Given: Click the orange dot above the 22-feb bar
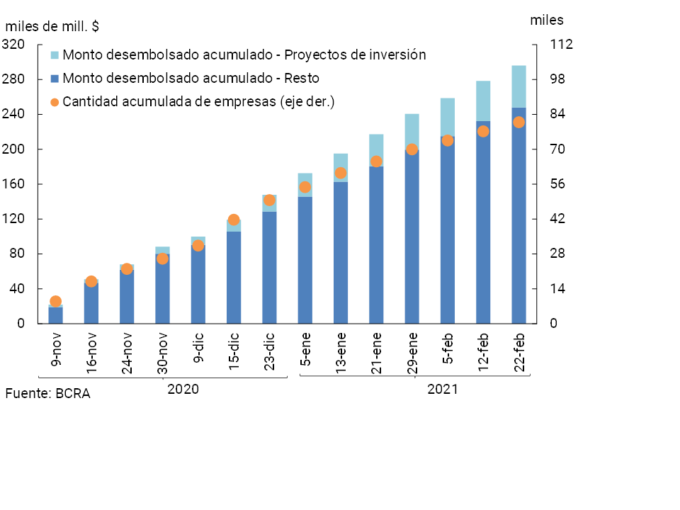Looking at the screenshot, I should [x=518, y=123].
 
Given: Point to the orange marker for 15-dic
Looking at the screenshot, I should [x=234, y=220].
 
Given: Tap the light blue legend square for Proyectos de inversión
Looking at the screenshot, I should [x=55, y=55].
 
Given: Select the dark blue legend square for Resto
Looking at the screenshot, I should [x=55, y=79].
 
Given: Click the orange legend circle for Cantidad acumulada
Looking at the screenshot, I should [x=55, y=102].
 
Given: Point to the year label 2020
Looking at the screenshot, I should [x=183, y=389].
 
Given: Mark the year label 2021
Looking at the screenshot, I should [x=443, y=389].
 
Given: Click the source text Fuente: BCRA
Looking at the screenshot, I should [x=47, y=394].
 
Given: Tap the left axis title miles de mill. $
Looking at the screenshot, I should [x=52, y=27].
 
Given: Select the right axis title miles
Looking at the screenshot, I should [x=547, y=21].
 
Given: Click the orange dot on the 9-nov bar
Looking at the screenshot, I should [x=56, y=302].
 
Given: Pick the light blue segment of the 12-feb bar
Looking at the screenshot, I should [x=483, y=101].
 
